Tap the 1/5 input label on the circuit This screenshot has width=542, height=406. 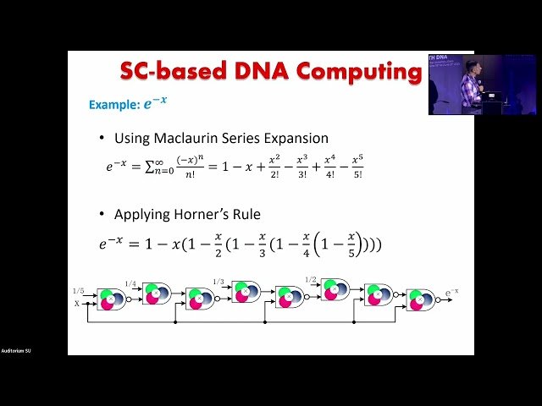tap(78, 291)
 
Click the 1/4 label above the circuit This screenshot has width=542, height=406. tap(130, 283)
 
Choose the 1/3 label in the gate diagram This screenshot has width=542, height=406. tap(218, 282)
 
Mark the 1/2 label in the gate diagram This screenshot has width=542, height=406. tap(310, 280)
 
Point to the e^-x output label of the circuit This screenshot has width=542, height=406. tap(452, 293)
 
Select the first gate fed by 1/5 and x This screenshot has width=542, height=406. tap(110, 299)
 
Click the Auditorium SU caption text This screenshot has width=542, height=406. tap(17, 351)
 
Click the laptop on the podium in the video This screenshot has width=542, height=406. tap(496, 94)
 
